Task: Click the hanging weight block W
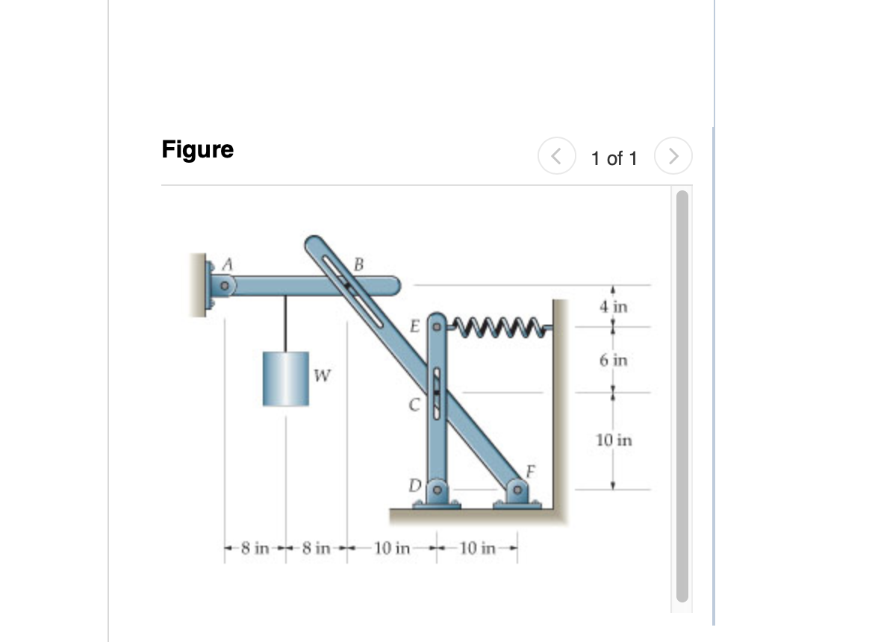pos(286,378)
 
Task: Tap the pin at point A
pos(222,285)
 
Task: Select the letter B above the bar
pos(358,264)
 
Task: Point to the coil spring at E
pos(493,325)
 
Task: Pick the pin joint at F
pos(517,491)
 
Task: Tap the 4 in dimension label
pos(614,306)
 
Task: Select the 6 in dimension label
pos(614,361)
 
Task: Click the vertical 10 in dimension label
pos(614,440)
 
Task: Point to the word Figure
pos(197,149)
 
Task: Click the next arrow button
pos(673,158)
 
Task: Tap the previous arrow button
pos(556,158)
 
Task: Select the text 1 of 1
pos(614,158)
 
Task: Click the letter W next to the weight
pos(322,373)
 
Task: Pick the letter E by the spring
pos(415,326)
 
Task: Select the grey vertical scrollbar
pos(682,396)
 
